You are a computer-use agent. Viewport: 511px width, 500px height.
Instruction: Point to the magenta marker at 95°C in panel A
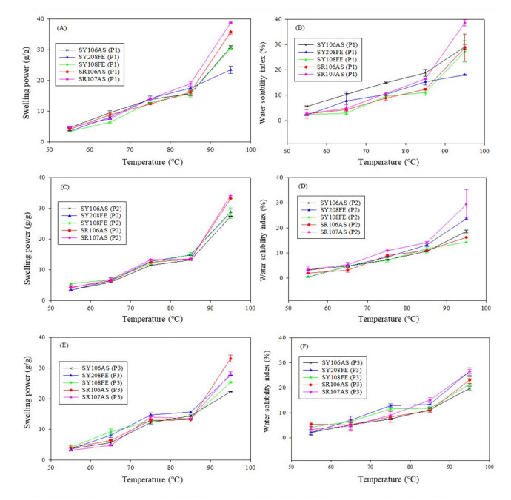tap(230, 23)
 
